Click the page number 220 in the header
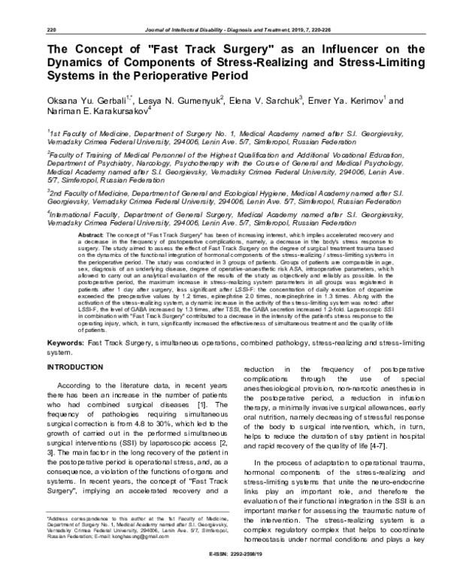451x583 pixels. click(52, 29)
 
